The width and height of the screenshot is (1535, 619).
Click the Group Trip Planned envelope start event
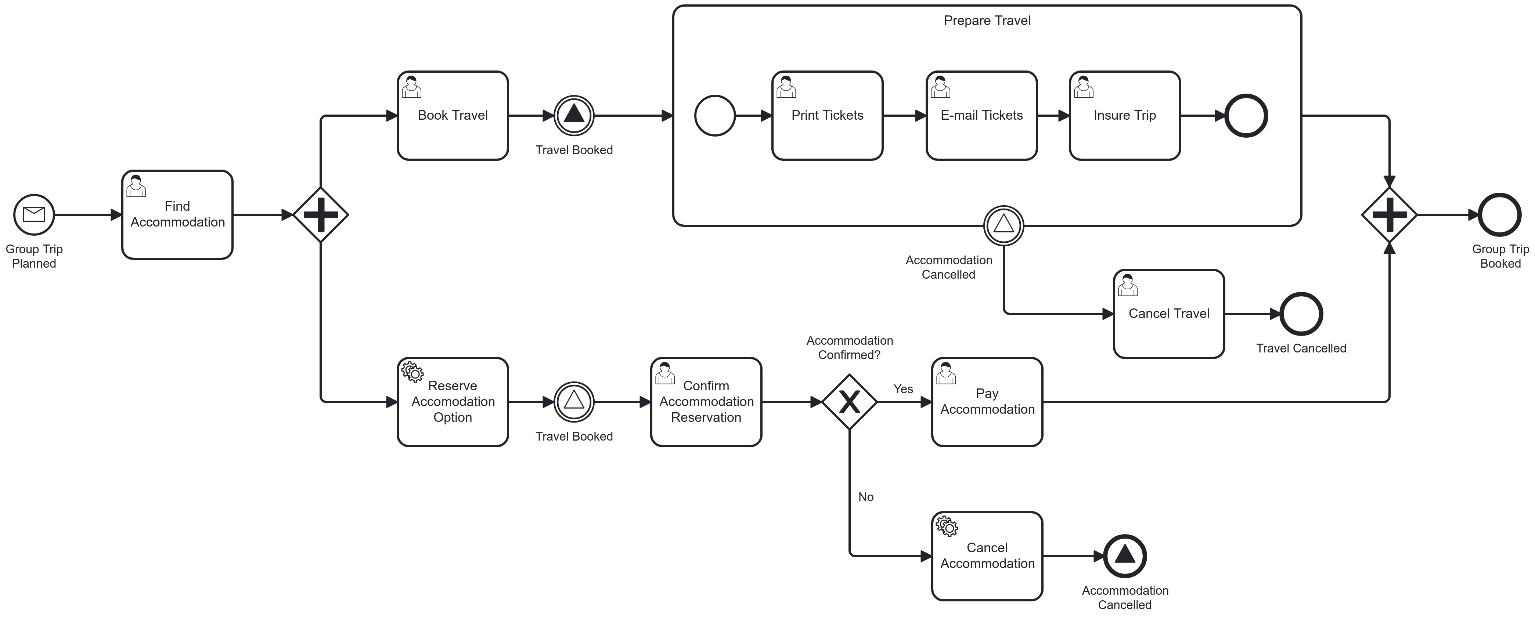pos(34,214)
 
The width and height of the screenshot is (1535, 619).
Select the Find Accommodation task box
pos(177,214)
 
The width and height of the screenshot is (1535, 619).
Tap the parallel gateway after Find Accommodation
pos(321,214)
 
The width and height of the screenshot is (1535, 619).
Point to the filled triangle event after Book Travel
pos(574,116)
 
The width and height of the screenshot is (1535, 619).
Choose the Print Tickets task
pos(827,116)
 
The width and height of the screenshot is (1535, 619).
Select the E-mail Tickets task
pos(981,116)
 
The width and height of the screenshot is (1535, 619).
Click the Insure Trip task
pos(1124,116)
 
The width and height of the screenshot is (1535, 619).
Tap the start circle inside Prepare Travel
pos(715,116)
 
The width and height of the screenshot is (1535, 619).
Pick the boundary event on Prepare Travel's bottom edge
pos(1003,225)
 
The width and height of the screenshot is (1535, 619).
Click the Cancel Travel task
pos(1168,314)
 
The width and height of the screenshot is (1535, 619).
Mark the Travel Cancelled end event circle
pos(1301,314)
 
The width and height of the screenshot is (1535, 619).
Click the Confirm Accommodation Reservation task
pos(706,402)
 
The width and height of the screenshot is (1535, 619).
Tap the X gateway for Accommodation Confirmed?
pos(849,402)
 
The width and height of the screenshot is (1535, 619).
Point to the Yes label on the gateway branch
pos(903,389)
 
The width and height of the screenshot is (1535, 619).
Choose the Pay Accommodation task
pos(987,402)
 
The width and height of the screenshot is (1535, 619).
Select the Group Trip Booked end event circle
pos(1500,214)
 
